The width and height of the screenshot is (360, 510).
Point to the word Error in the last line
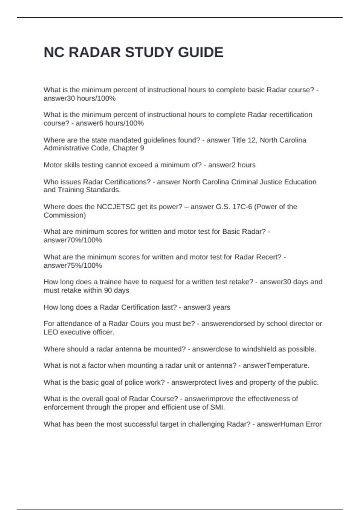tap(313, 424)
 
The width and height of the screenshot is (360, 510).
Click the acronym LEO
tap(51, 332)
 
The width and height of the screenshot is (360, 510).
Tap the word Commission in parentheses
tap(63, 215)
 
